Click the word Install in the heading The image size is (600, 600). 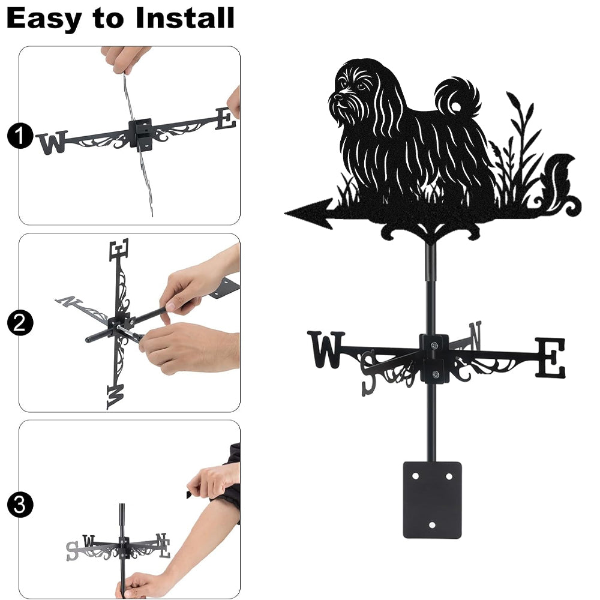(x=185, y=18)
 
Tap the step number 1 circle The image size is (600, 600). (x=19, y=136)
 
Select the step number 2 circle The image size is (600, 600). (x=19, y=323)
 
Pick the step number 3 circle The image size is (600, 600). (x=19, y=505)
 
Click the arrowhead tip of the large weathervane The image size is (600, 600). (x=285, y=213)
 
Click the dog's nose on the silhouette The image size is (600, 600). (x=337, y=97)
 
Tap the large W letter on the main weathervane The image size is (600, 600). (x=326, y=349)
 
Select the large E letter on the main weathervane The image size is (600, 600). (x=550, y=358)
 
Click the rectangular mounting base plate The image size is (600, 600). (x=432, y=500)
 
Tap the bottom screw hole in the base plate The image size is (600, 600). (x=432, y=525)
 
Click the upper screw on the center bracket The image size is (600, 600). (x=434, y=346)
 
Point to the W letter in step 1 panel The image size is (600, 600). (x=53, y=142)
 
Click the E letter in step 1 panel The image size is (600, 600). (x=226, y=119)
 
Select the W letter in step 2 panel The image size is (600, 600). (x=116, y=397)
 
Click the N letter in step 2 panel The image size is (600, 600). (x=68, y=301)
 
